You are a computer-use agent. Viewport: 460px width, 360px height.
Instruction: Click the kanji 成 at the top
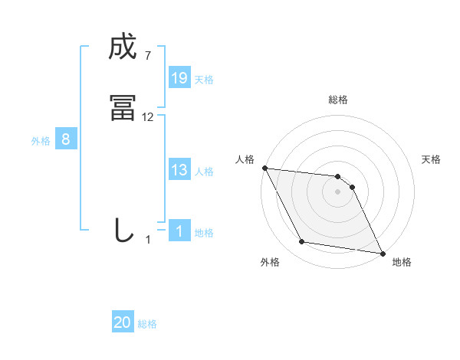point(123,48)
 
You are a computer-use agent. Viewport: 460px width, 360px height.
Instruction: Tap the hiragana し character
point(123,230)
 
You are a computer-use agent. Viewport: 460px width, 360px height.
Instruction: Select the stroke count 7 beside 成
point(147,56)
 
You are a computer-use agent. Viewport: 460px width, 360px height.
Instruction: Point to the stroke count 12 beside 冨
point(148,117)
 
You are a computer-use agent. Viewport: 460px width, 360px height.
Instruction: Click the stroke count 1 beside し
point(148,240)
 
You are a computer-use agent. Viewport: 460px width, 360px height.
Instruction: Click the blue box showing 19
point(179,77)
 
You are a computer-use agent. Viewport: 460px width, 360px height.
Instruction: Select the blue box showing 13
point(179,170)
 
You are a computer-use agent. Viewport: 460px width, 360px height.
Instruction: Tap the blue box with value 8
point(66,139)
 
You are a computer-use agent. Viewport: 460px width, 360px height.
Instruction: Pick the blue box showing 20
point(123,322)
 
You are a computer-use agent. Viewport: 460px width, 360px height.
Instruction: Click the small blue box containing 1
point(179,231)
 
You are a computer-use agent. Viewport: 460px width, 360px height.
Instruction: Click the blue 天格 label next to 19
point(204,79)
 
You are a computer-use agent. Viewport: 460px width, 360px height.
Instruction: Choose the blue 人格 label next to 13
point(204,172)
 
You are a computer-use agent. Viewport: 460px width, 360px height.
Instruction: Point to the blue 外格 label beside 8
point(41,141)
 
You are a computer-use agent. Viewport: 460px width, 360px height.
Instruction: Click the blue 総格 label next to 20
point(147,324)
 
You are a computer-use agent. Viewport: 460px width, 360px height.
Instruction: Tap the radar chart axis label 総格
point(338,100)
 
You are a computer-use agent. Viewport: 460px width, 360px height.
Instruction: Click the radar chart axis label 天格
point(432,159)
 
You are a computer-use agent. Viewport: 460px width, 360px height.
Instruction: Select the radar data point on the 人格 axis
point(264,168)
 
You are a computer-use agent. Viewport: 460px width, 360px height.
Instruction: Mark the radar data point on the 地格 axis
point(382,252)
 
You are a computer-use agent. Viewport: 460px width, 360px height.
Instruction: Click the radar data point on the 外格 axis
point(302,242)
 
